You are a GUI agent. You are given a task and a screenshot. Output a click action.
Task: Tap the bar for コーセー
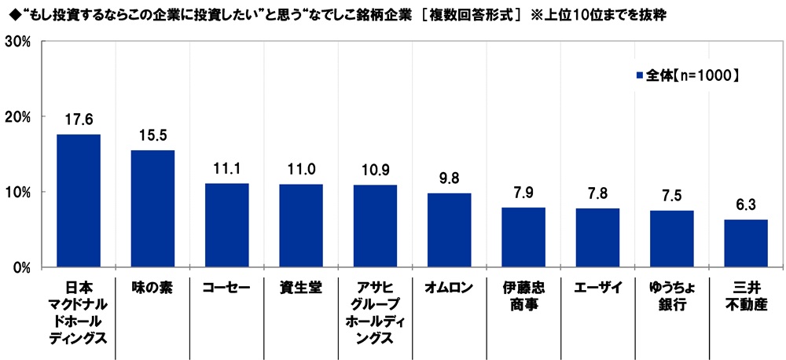pyautogui.click(x=227, y=225)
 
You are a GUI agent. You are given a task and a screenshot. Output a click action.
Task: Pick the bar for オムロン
pyautogui.click(x=450, y=230)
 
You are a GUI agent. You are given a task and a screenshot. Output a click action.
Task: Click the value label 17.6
pyautogui.click(x=79, y=120)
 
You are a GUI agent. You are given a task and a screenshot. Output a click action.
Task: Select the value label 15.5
pyautogui.click(x=152, y=136)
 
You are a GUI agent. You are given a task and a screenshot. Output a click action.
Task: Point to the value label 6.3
pyautogui.click(x=746, y=205)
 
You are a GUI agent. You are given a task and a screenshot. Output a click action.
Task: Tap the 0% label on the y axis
pyautogui.click(x=20, y=267)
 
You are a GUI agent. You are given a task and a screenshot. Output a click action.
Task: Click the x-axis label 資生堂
pyautogui.click(x=301, y=288)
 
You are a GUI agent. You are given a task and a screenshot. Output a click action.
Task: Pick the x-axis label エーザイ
pyautogui.click(x=597, y=288)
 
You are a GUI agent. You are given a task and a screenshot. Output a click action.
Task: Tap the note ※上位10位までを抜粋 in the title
pyautogui.click(x=610, y=14)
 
